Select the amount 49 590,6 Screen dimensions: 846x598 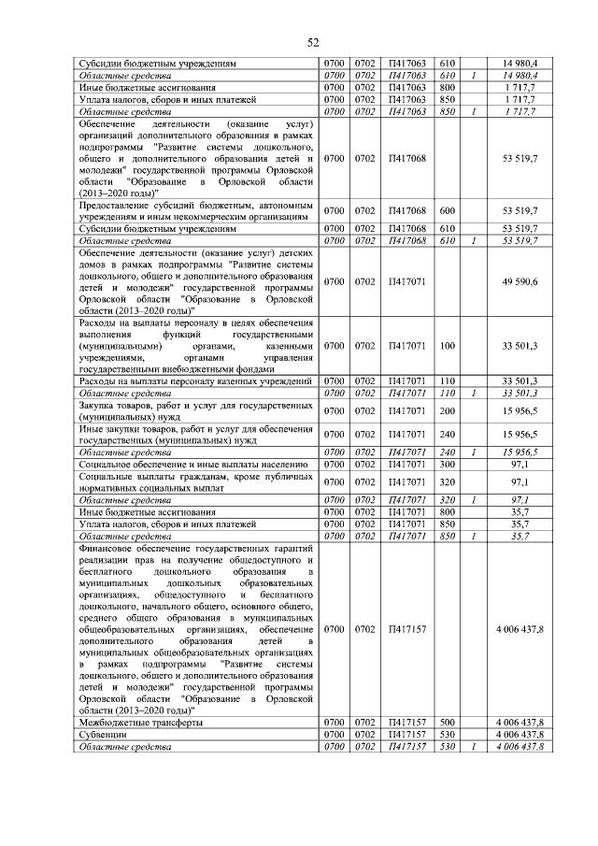click(x=520, y=281)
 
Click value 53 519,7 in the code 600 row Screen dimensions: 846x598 click(x=520, y=211)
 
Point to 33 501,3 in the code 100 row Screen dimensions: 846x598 click(x=520, y=347)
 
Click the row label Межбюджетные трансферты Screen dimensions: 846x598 click(x=141, y=723)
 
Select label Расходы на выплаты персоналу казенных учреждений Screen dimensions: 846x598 click(x=194, y=382)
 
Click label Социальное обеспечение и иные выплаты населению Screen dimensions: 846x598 click(x=193, y=464)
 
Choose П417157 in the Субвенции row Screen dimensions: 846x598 click(x=406, y=735)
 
